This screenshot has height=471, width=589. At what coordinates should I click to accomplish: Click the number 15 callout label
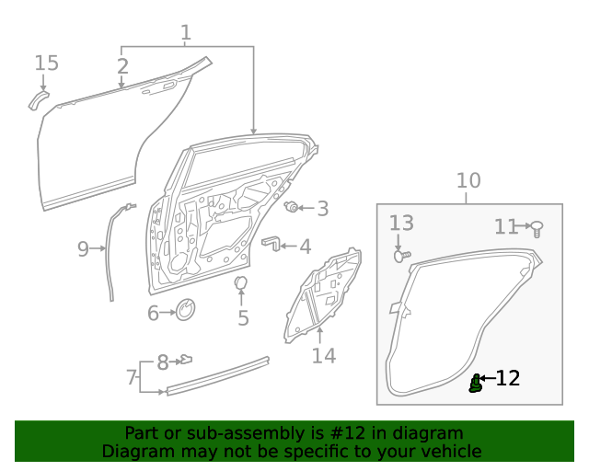[46, 63]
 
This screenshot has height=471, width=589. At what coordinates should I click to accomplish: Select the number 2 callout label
[122, 66]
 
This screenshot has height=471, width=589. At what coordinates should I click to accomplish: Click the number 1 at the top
[186, 33]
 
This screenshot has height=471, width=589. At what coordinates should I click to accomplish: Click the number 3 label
[322, 209]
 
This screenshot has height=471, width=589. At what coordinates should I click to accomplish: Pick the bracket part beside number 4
[271, 243]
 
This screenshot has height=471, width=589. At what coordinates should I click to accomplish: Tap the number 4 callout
[305, 247]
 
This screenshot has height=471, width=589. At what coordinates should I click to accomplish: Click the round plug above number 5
[241, 282]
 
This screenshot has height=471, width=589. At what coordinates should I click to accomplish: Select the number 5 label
[243, 318]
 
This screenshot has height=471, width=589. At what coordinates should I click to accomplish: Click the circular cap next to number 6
[185, 311]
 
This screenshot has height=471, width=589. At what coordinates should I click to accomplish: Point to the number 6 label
[154, 314]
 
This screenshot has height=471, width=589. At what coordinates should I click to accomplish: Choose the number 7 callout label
[131, 377]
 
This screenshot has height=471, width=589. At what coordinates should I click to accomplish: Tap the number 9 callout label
[83, 248]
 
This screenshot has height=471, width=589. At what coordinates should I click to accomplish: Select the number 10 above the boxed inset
[468, 180]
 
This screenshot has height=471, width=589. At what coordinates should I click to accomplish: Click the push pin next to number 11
[537, 225]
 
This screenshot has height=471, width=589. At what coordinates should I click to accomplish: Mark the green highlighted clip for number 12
[475, 384]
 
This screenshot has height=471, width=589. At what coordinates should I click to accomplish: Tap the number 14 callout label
[323, 355]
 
